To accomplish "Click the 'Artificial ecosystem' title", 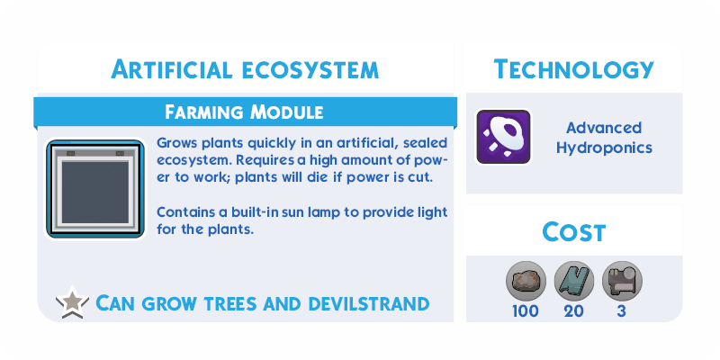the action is [x=245, y=70].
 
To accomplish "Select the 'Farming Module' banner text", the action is [x=244, y=112].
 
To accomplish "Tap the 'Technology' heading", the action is [x=573, y=70].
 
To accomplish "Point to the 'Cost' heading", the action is [x=574, y=231].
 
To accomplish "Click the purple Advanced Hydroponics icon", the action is [x=503, y=137].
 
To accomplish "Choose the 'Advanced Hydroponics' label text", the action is [x=604, y=138].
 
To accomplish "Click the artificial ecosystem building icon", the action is [x=95, y=189].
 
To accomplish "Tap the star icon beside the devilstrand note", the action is [x=72, y=302].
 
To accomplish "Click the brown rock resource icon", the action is [x=526, y=281].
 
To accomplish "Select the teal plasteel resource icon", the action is [x=574, y=281].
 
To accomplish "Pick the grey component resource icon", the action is [x=622, y=281].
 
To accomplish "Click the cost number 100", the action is [x=526, y=311].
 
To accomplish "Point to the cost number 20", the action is [x=574, y=311].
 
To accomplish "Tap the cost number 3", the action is [x=622, y=311].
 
